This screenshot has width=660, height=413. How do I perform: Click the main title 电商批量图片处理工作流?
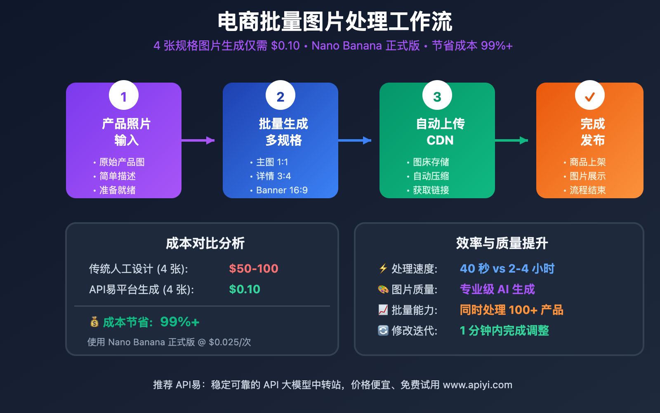coord(335,21)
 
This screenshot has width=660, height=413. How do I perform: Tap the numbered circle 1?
coord(124,95)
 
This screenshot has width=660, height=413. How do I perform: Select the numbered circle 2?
coord(280,95)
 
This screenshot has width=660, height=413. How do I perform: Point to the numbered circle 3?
coord(437,95)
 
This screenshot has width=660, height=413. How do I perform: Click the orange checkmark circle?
coord(590,95)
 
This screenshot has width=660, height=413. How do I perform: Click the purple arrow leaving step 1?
coord(198,140)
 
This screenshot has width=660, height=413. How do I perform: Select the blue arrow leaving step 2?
coord(355,140)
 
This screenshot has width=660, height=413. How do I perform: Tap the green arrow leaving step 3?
coord(511,140)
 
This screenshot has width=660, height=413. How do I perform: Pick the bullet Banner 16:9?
coord(282,190)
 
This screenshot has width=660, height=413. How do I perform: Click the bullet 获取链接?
coord(431,190)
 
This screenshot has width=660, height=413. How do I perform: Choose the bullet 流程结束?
coord(587,190)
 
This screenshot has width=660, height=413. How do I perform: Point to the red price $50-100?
coord(254,268)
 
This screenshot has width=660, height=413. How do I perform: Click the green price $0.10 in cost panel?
coord(245,289)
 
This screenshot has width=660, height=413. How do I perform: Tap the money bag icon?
coord(94,322)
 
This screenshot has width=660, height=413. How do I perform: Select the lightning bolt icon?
coord(383,268)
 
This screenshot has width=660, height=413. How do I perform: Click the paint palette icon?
coord(383,289)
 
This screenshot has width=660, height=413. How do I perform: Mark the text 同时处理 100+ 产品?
coord(511,310)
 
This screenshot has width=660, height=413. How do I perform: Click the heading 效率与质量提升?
coord(502,243)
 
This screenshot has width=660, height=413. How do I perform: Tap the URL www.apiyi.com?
coord(477,385)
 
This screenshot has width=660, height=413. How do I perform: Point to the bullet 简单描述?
coord(118,176)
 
